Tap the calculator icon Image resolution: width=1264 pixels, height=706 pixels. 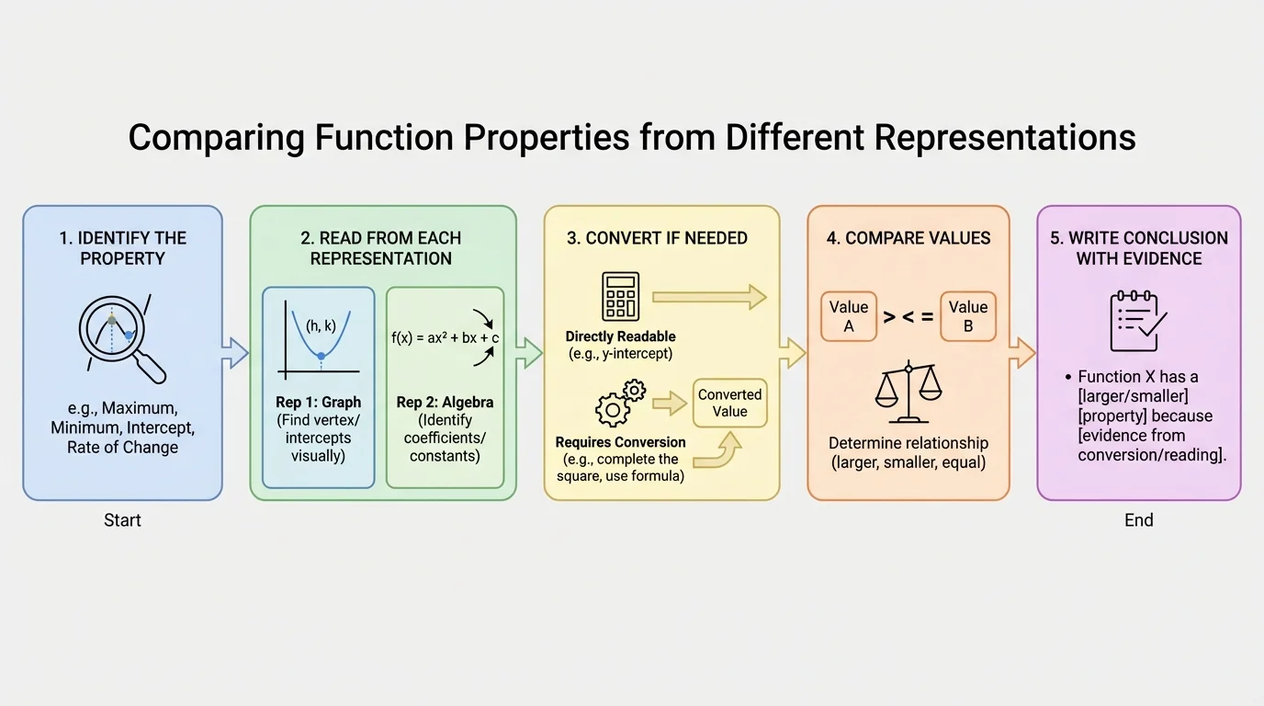point(620,296)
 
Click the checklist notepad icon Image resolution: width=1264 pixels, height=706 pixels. point(1137,321)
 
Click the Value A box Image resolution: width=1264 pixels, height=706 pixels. point(848,316)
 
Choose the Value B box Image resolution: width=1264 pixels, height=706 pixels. point(968,316)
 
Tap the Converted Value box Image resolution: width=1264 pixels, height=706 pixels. point(729,404)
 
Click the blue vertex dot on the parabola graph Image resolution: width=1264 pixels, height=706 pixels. point(321,356)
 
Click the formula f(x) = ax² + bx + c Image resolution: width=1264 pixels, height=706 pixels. point(445,337)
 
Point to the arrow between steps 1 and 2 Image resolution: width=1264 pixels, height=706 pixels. point(236,353)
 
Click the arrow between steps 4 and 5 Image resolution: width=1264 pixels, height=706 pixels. point(1022,353)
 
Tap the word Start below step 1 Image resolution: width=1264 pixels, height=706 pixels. point(122,520)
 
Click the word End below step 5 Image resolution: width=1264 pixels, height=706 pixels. point(1138,520)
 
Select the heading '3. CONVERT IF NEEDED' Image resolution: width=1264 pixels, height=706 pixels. point(657,238)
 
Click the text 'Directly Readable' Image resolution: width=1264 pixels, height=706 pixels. point(620,336)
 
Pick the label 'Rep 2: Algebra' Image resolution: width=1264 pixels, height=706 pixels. point(445,403)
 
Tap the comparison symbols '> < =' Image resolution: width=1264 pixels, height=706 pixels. point(908,317)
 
